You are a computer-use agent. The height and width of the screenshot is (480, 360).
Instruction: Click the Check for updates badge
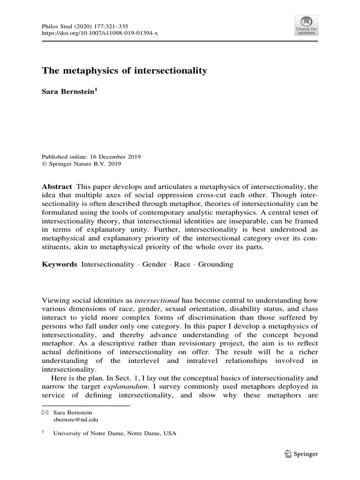click(x=306, y=25)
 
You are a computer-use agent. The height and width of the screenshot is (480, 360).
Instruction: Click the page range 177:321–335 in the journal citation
click(x=118, y=25)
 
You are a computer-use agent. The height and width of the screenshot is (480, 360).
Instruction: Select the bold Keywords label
click(x=60, y=264)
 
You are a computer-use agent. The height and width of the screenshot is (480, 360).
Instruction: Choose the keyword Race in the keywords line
click(x=182, y=264)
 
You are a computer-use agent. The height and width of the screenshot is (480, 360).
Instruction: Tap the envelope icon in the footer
click(x=45, y=412)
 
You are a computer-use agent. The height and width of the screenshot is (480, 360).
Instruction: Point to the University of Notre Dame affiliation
click(x=115, y=434)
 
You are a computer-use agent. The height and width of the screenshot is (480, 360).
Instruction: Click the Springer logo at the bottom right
click(x=301, y=454)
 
